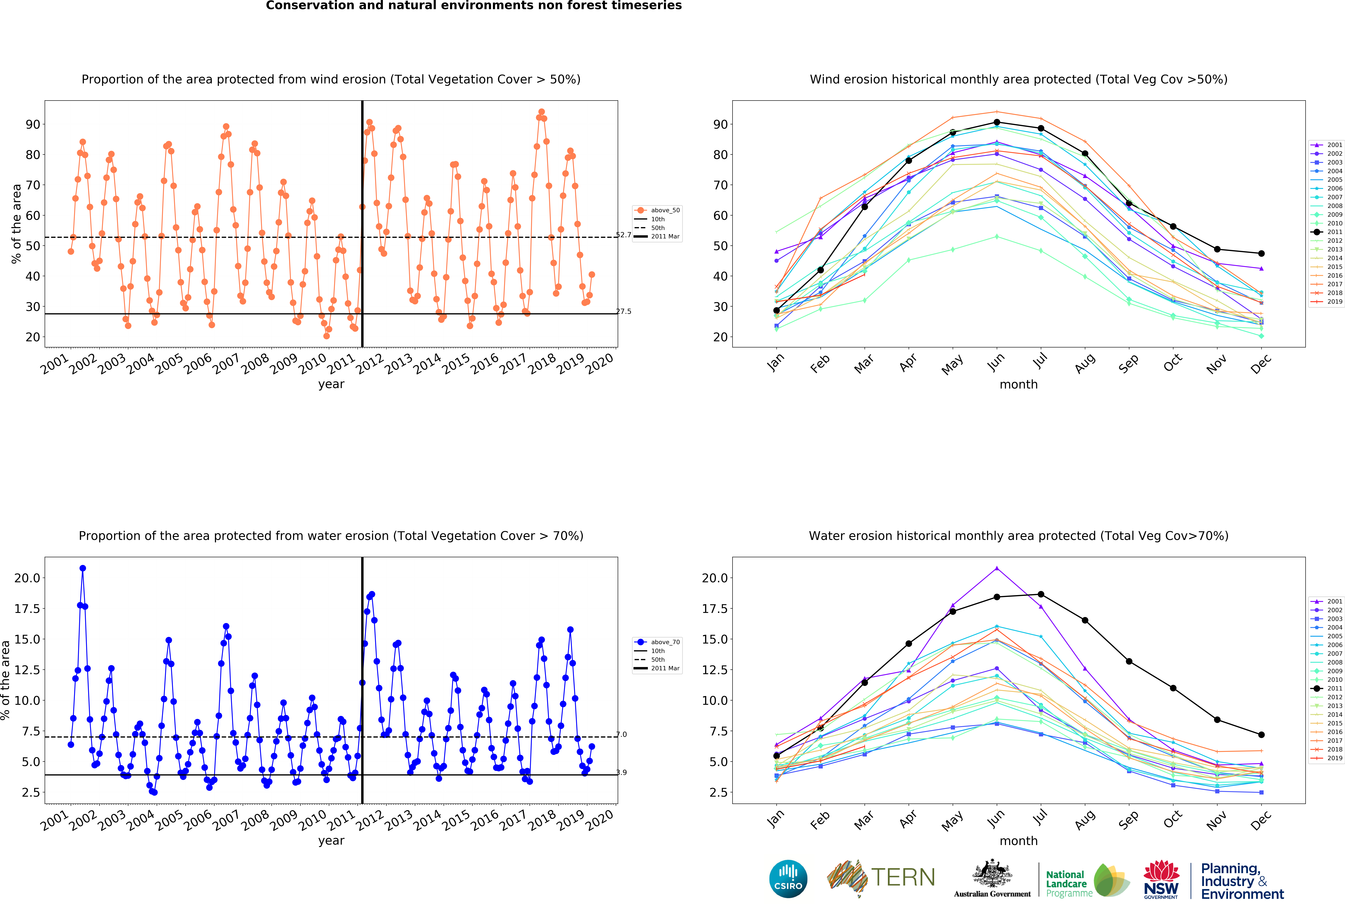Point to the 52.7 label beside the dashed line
(x=623, y=235)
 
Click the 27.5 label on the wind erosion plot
(x=623, y=311)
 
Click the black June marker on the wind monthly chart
(x=997, y=122)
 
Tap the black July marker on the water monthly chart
(x=1041, y=594)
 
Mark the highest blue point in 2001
(x=83, y=568)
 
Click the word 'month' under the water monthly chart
(x=1019, y=840)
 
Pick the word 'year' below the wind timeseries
(x=331, y=384)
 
